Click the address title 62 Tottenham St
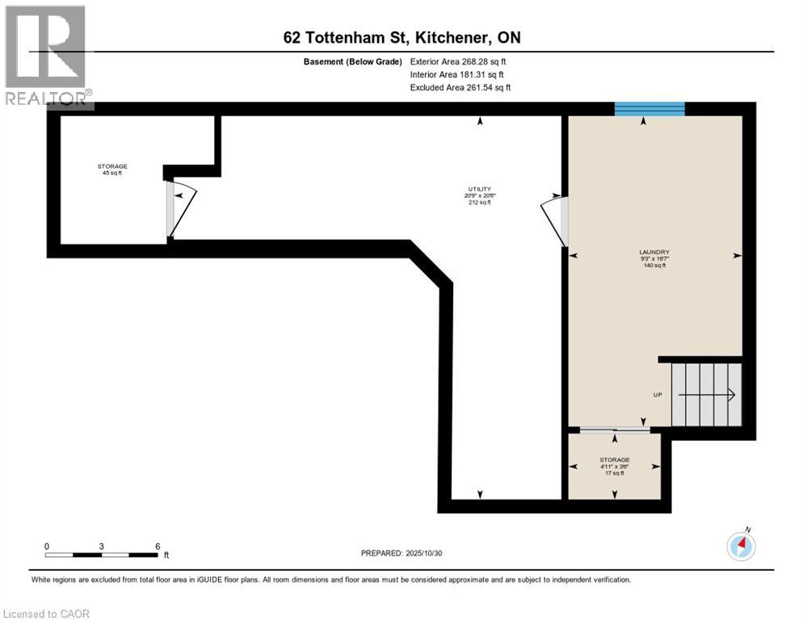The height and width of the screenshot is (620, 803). click(x=401, y=37)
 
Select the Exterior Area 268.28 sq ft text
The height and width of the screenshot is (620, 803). click(x=458, y=61)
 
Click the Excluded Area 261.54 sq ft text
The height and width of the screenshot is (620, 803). click(x=460, y=87)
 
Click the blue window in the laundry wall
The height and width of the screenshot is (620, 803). click(x=650, y=109)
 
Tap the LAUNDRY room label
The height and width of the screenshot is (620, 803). click(x=654, y=252)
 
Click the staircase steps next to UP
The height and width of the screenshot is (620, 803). click(x=707, y=394)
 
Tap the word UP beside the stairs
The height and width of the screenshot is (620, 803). click(x=658, y=395)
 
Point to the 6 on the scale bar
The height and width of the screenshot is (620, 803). click(x=157, y=546)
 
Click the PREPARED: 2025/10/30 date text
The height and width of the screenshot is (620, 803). click(x=401, y=553)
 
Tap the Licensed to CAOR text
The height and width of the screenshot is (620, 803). click(x=47, y=614)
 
